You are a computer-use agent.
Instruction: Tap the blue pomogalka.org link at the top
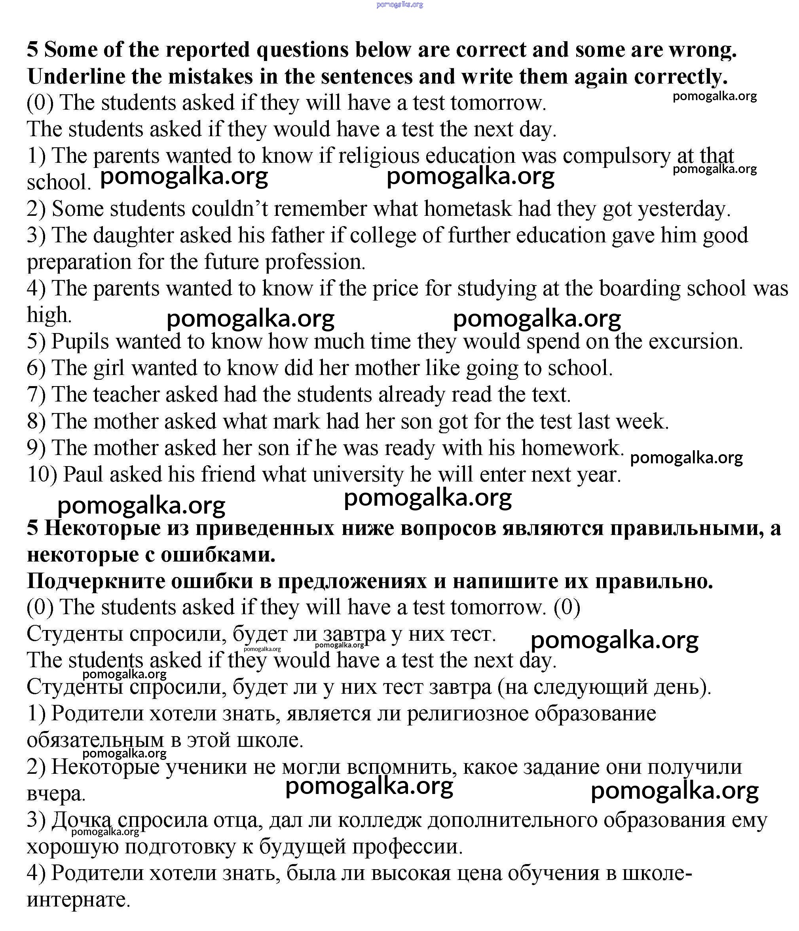tap(399, 4)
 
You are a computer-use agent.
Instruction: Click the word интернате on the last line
tap(78, 900)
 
